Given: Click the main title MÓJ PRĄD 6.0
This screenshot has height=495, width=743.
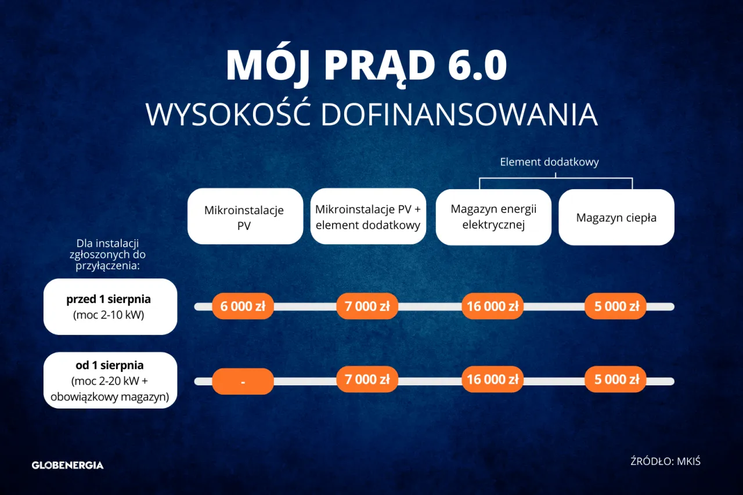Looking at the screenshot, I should (366, 64).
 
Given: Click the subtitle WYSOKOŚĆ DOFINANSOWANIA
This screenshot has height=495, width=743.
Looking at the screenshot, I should (371, 114).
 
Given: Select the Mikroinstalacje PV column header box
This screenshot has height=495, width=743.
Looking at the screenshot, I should (244, 217).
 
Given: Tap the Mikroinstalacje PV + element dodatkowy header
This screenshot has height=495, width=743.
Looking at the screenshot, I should (367, 217).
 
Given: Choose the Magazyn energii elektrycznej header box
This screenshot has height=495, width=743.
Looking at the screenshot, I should (493, 217).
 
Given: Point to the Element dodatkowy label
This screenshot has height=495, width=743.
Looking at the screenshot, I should (549, 162).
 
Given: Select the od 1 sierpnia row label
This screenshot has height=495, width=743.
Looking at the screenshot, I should (110, 381).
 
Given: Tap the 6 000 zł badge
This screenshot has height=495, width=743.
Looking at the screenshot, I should (243, 306).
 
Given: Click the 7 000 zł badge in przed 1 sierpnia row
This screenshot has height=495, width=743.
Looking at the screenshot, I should (367, 306).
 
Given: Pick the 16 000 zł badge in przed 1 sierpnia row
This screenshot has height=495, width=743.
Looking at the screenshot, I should (492, 306).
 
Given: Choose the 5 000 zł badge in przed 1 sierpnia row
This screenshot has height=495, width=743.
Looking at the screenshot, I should (616, 306).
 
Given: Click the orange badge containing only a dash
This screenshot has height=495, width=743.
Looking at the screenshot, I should (243, 382).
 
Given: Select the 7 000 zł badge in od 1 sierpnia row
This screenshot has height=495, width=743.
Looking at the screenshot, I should (367, 380).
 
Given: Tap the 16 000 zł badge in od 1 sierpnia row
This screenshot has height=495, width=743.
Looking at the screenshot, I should (492, 380).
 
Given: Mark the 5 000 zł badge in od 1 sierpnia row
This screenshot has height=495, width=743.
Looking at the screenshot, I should (616, 380).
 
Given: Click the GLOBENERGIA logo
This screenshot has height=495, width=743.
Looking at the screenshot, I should (67, 465).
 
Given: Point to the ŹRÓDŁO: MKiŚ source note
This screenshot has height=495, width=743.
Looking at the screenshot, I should (665, 462).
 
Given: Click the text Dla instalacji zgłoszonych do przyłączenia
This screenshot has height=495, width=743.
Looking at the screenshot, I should (110, 255).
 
